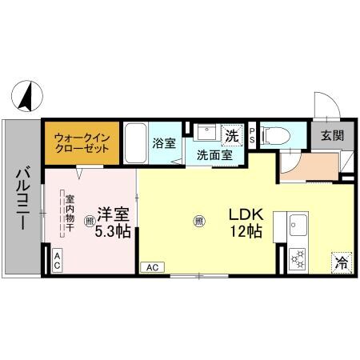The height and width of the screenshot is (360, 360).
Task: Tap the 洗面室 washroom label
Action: (215, 154)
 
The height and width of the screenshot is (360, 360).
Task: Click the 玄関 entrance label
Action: (333, 135)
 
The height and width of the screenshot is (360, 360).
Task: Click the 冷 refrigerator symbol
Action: (342, 261)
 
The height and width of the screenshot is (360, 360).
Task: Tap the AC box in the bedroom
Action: (58, 258)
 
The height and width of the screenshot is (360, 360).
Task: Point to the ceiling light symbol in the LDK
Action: (198, 222)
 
